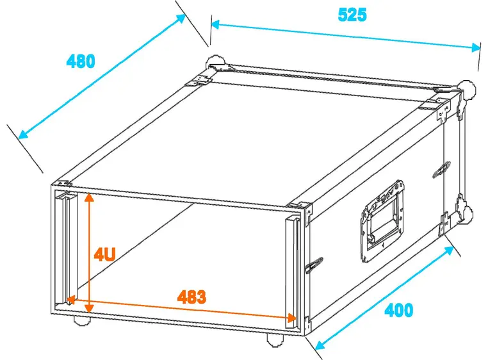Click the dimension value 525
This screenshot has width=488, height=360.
click(x=352, y=15)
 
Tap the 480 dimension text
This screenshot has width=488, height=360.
click(x=81, y=61)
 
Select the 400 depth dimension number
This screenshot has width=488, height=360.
click(x=398, y=311)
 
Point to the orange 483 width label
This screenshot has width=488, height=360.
click(x=191, y=297)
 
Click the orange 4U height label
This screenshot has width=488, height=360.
click(x=104, y=254)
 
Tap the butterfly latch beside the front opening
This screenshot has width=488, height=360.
click(x=314, y=265)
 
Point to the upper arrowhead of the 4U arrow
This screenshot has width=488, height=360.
click(x=90, y=197)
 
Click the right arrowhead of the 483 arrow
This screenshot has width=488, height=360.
click(x=293, y=317)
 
